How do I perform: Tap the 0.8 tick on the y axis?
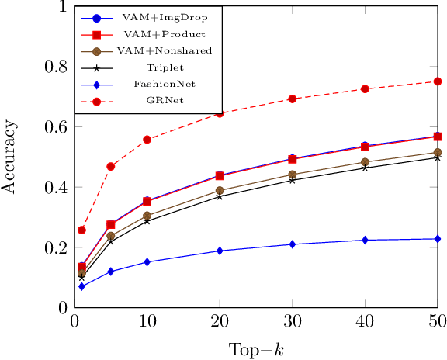(x=56, y=66)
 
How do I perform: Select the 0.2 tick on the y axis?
(x=56, y=247)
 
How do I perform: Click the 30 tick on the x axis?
(x=293, y=321)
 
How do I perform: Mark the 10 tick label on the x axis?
(x=147, y=321)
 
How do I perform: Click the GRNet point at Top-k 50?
(x=438, y=81)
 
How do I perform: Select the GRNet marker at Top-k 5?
(x=111, y=167)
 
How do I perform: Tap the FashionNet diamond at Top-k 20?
(x=220, y=251)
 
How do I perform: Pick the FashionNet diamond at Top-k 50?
(x=438, y=239)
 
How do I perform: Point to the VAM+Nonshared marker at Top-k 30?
(x=293, y=175)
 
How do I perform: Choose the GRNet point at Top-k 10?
(x=147, y=140)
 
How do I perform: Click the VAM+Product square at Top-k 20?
(x=220, y=176)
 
